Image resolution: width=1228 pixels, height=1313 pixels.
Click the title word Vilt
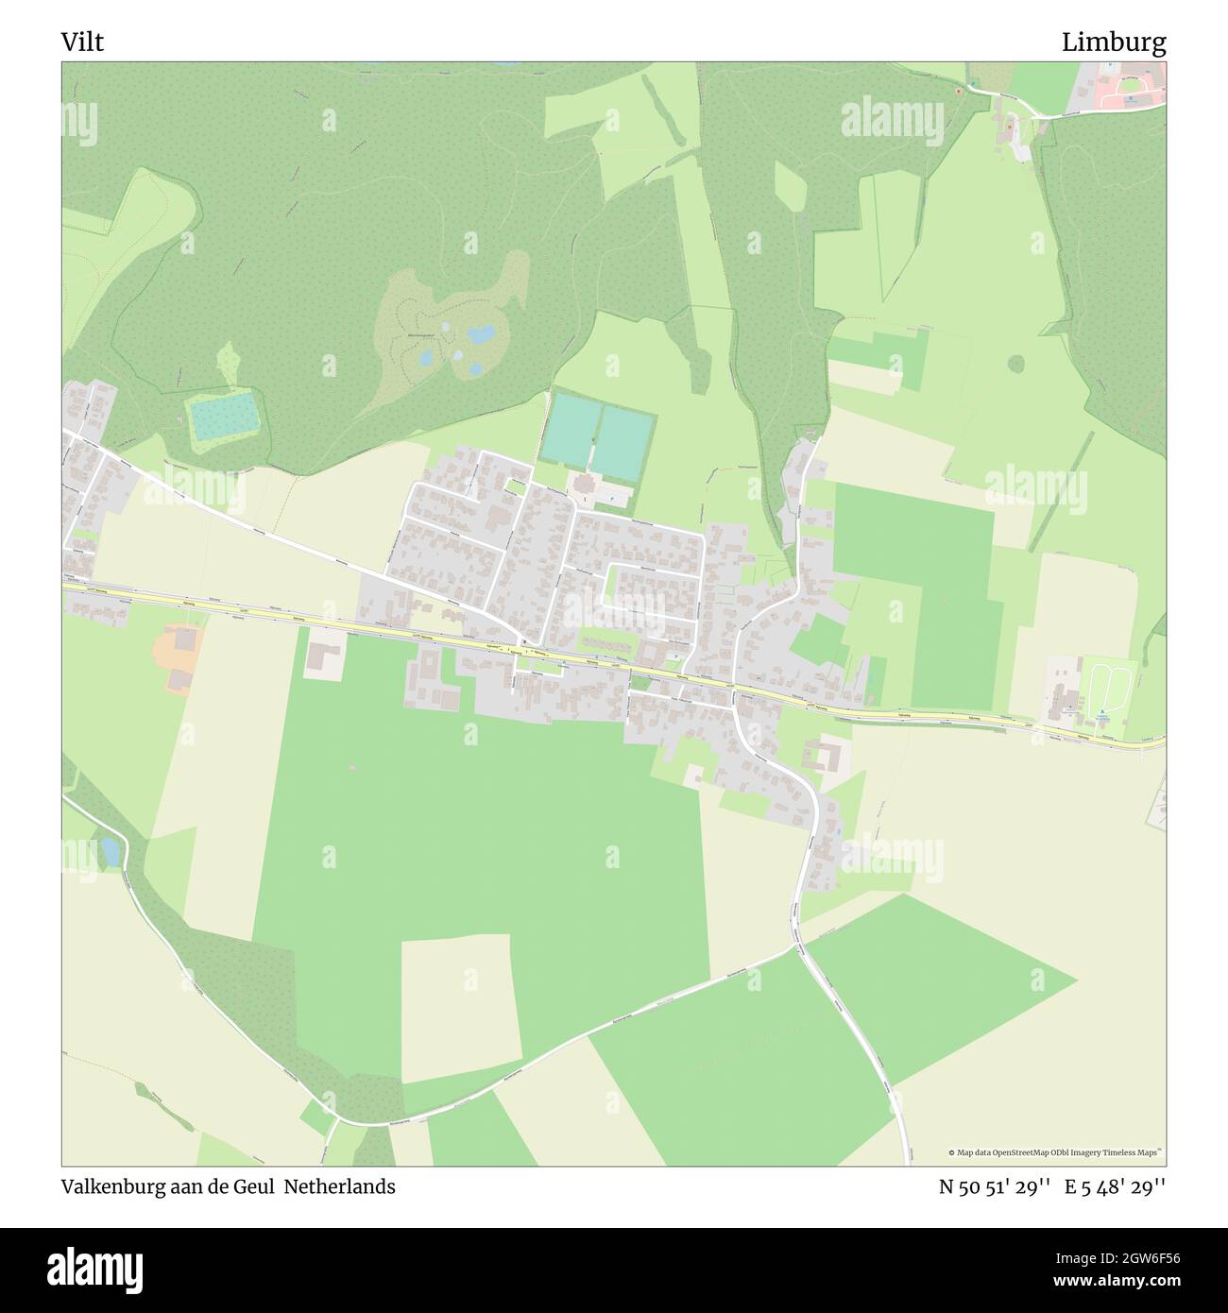click(x=83, y=42)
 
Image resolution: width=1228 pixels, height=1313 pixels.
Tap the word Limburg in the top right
click(x=1114, y=42)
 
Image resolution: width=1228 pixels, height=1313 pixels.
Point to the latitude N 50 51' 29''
click(x=995, y=1186)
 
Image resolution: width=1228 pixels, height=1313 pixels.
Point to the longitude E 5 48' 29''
click(x=1115, y=1186)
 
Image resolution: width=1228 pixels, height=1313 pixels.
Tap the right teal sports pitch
click(x=623, y=442)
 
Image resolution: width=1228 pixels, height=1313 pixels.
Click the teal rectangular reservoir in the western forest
click(x=223, y=417)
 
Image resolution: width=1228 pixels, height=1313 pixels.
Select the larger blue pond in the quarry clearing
click(x=482, y=334)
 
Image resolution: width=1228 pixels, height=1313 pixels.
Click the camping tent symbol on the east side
click(x=1102, y=713)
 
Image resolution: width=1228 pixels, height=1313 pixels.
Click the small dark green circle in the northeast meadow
click(x=1016, y=363)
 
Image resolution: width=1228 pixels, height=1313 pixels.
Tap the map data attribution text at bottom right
click(x=1056, y=1152)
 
